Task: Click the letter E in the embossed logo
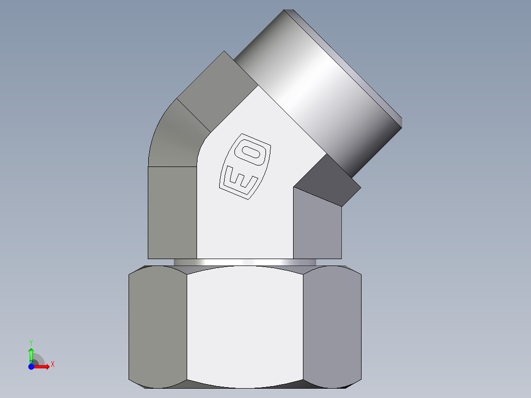point(240,181)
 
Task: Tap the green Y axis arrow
point(31,354)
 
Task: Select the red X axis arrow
point(42,366)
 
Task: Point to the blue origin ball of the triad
point(31,367)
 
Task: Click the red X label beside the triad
point(53,365)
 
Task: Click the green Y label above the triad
point(31,342)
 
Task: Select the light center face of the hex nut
point(245,325)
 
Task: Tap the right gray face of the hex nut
point(332,325)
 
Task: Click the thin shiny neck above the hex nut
point(245,263)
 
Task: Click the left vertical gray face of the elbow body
point(172,212)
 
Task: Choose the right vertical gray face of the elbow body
point(317,227)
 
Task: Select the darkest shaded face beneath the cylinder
point(328,180)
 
